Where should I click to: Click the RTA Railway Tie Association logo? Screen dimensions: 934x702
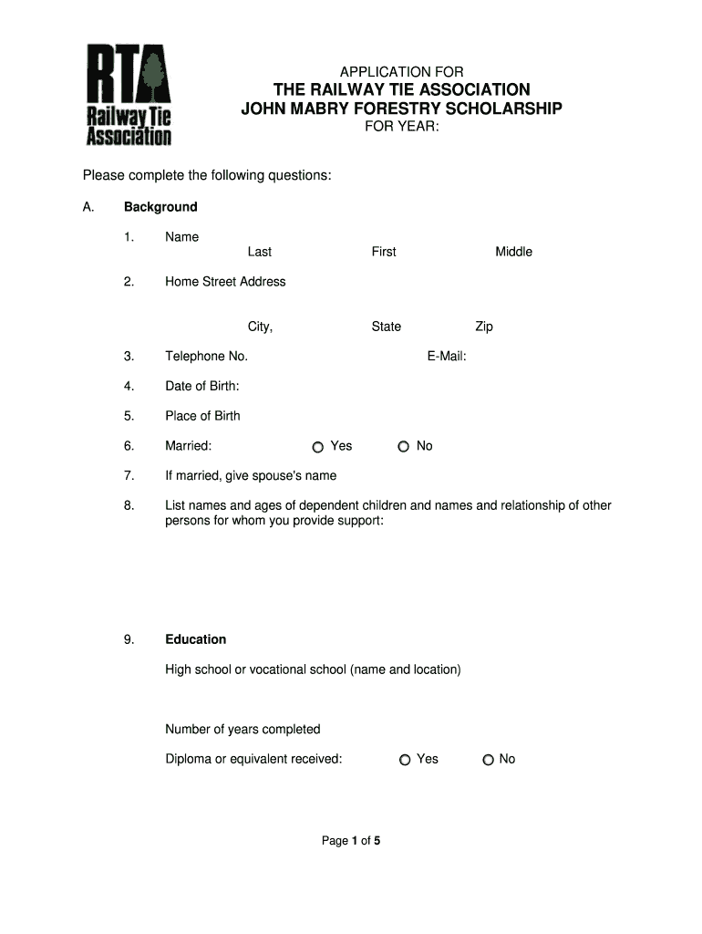129,95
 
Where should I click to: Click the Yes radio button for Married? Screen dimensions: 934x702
317,447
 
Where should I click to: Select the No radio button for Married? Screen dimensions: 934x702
403,447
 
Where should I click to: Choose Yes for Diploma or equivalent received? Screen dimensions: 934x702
405,760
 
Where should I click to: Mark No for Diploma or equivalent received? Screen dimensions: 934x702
489,760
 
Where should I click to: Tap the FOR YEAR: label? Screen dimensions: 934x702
402,128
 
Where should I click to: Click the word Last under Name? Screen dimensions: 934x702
259,252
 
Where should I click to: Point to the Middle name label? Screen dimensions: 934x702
513,252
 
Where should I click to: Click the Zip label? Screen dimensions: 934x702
483,327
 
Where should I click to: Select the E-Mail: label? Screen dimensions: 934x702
446,357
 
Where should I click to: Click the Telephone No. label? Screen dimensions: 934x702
206,357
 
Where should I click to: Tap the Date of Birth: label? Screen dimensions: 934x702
201,386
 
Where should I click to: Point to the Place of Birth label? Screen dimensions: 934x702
202,416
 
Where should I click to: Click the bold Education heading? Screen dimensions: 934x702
195,639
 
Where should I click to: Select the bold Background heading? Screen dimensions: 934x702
160,207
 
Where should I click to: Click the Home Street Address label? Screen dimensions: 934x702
225,282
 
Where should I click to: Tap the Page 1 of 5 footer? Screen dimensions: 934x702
351,841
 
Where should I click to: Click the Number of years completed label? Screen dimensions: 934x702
243,729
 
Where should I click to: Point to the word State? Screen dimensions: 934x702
386,327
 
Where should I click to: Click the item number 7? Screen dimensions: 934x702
129,475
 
